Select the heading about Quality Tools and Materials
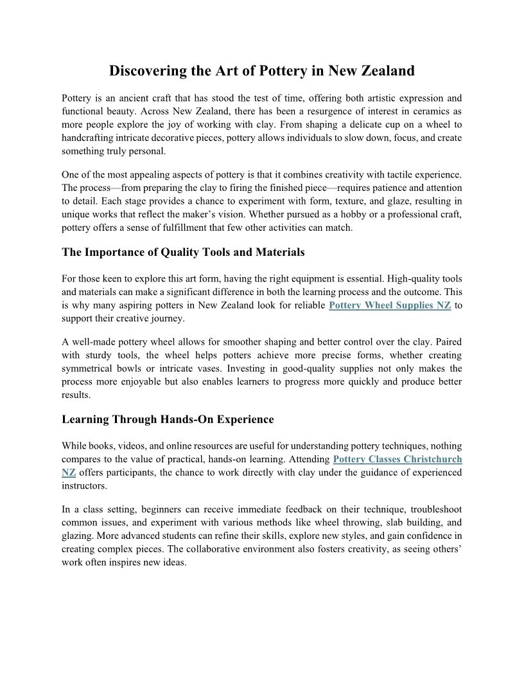(183, 253)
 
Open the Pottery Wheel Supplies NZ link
(389, 305)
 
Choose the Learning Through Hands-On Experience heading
(168, 420)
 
